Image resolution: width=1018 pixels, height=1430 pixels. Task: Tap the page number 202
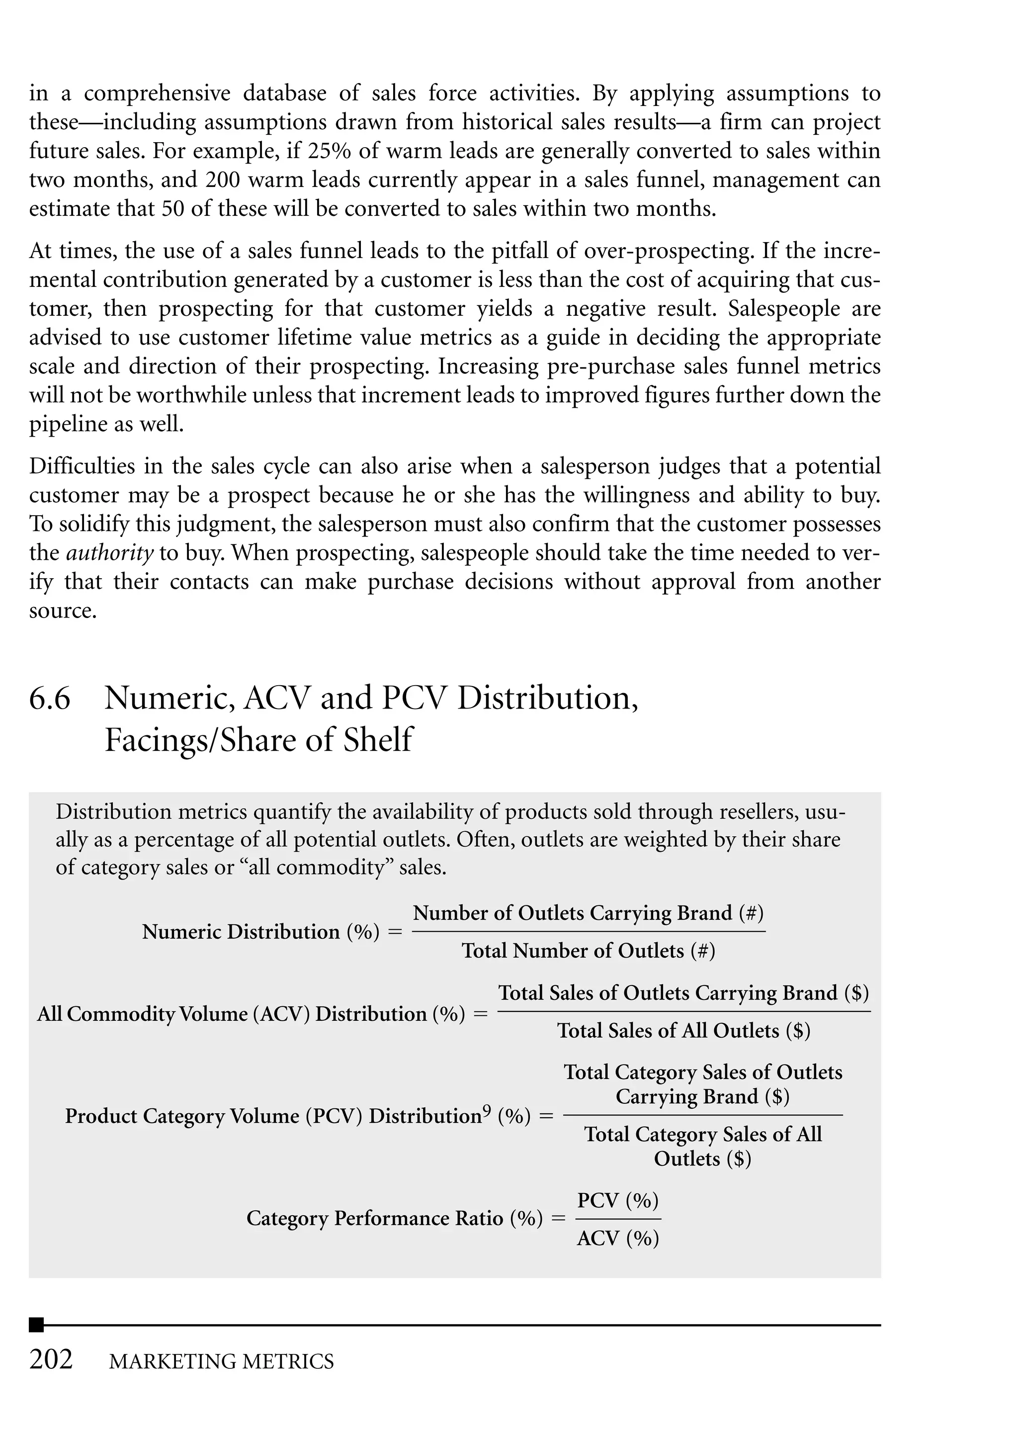pos(51,1359)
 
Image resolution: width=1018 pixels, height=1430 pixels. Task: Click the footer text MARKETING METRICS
pos(221,1362)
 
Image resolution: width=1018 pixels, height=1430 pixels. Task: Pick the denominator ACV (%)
pos(617,1238)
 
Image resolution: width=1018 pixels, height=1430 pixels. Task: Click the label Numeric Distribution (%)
pos(261,932)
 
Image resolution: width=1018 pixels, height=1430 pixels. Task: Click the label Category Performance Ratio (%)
pos(394,1218)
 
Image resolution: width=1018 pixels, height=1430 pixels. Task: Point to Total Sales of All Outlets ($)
pos(683,1031)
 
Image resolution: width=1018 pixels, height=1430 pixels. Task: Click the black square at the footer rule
pos(36,1325)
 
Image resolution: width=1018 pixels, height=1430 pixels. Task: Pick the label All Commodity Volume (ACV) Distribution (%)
pos(251,1014)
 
